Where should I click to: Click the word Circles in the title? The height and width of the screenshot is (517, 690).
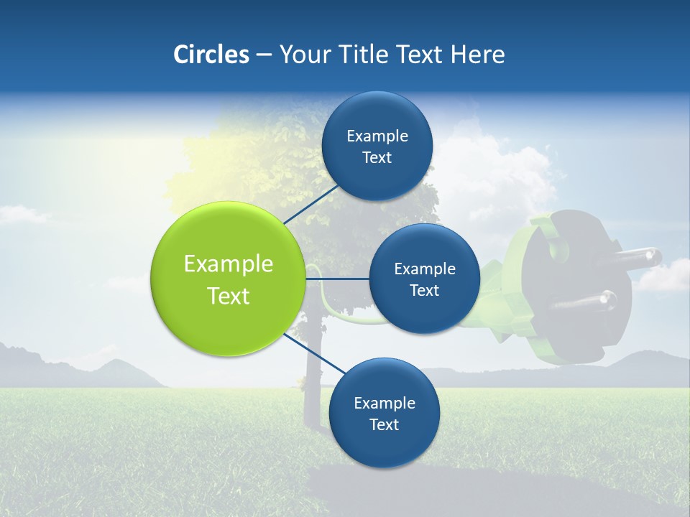pyautogui.click(x=211, y=55)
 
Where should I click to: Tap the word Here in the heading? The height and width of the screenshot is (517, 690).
pyautogui.click(x=477, y=55)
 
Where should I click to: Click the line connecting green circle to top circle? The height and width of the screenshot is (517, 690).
pyautogui.click(x=310, y=205)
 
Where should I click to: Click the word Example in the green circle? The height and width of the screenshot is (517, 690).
pyautogui.click(x=229, y=264)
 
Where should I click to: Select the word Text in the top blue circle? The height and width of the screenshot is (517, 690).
pyautogui.click(x=377, y=158)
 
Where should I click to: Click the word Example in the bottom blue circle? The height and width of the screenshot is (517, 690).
pyautogui.click(x=384, y=403)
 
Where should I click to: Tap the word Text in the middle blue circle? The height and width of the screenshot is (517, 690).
pyautogui.click(x=424, y=291)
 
